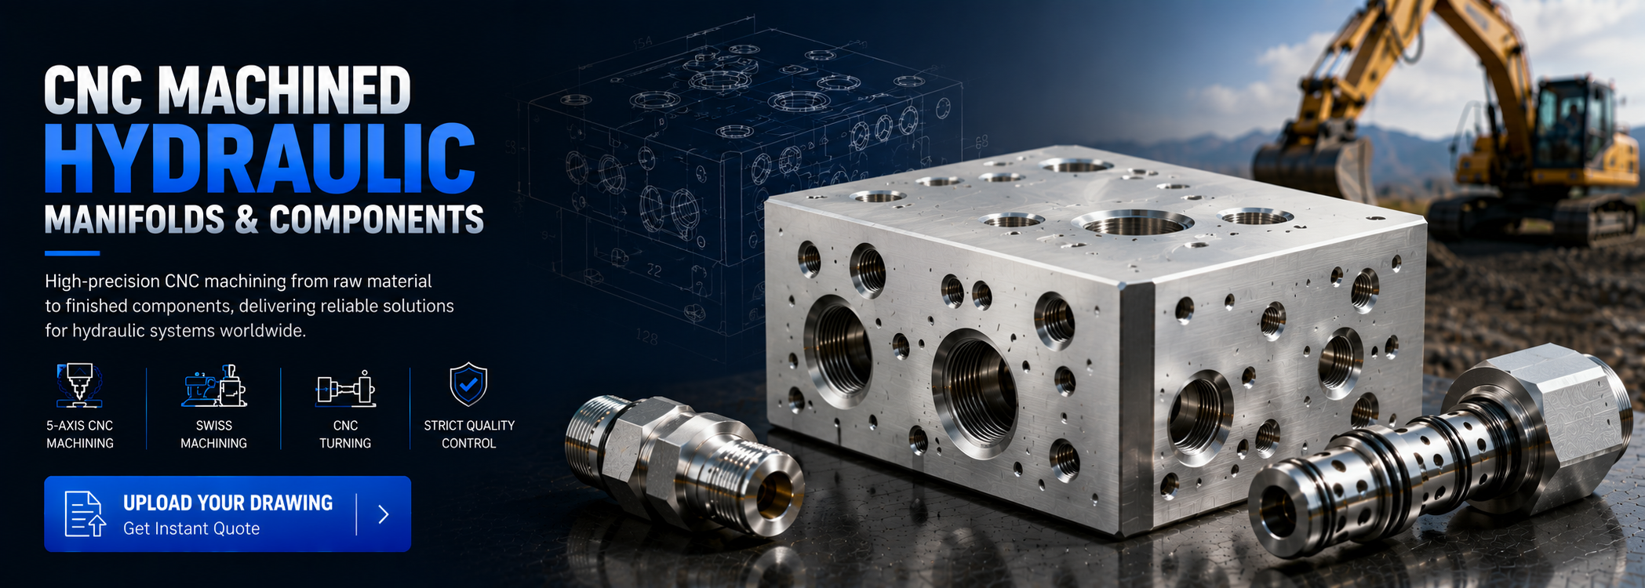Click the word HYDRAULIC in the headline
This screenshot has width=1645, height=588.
260,158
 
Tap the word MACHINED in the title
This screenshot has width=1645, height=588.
285,90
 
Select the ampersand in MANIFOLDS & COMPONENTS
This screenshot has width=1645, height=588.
246,220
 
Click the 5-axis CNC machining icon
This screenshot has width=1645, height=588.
79,385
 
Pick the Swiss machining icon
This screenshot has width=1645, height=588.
214,385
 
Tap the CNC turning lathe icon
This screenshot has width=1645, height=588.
345,388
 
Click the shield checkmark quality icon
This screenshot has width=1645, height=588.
468,384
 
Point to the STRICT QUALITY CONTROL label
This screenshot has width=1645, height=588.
469,434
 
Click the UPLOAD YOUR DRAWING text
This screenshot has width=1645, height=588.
227,503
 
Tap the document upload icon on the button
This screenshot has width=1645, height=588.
85,514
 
